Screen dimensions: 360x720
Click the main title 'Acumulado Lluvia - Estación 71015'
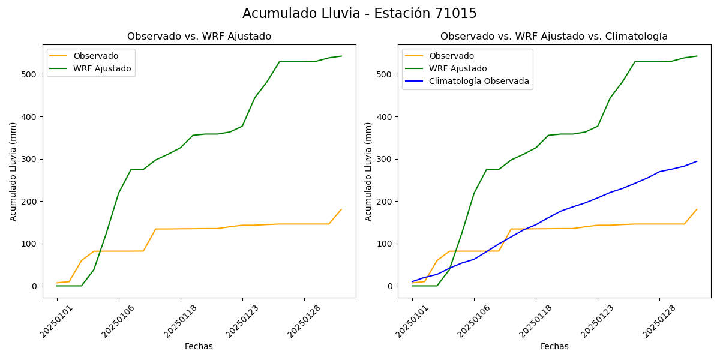[359, 13]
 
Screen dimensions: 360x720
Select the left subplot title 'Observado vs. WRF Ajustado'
[199, 37]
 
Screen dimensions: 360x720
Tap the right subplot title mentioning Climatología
[554, 37]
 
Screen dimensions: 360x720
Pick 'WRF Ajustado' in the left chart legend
[102, 68]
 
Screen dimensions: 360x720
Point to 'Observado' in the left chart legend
[95, 56]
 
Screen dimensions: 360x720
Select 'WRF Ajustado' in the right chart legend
[457, 68]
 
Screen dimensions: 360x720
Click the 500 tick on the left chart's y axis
[31, 74]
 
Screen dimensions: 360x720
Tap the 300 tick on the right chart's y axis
[386, 159]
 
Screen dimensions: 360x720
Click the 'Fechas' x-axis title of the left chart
[199, 346]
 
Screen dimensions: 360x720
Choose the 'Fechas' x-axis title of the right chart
[554, 346]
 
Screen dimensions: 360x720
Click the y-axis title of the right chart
[368, 171]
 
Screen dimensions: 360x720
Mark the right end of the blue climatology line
[697, 161]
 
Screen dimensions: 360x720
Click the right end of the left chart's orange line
[341, 209]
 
